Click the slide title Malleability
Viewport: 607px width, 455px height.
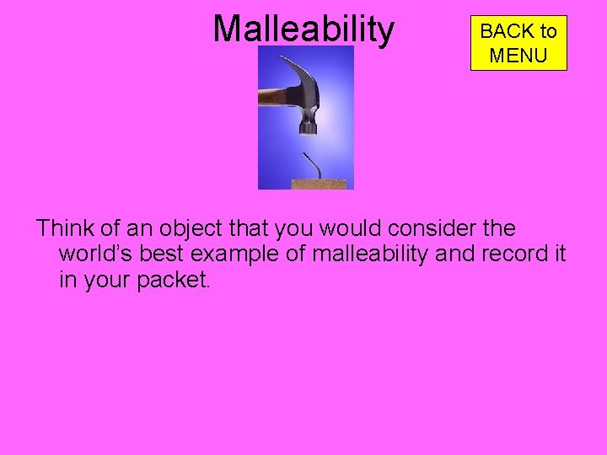point(303,29)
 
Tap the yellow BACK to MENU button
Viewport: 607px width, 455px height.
point(518,43)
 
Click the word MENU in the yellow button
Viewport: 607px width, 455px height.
point(518,56)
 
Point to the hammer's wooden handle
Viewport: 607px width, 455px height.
point(271,97)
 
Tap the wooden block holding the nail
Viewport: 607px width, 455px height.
point(318,184)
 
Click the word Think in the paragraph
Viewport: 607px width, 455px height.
point(64,228)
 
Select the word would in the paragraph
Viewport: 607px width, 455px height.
point(332,228)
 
